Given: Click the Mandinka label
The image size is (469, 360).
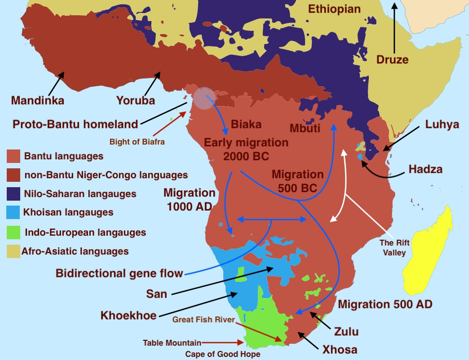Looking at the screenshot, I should point(37,100).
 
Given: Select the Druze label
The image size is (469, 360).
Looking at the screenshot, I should point(392,59).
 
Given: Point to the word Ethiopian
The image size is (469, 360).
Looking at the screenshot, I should point(334,9).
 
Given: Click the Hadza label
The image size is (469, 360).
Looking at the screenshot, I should point(425,169).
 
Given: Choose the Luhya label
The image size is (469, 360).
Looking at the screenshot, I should point(442,124).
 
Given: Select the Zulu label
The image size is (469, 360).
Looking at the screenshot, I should point(346,332).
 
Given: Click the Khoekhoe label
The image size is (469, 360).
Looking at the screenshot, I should point(128,315).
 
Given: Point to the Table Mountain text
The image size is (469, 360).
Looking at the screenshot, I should point(171,343).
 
